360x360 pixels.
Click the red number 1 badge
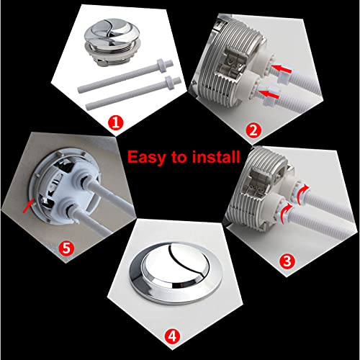pos(115,122)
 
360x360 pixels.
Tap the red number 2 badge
pos(253,130)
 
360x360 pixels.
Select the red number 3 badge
pos(287,261)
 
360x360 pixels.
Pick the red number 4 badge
pos(172,336)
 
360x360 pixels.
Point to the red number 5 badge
pos(66,248)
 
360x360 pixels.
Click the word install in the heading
pos(215,157)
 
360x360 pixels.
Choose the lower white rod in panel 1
pos(133,93)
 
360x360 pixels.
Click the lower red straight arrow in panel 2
pos(270,94)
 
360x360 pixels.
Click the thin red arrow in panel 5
pos(28,206)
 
